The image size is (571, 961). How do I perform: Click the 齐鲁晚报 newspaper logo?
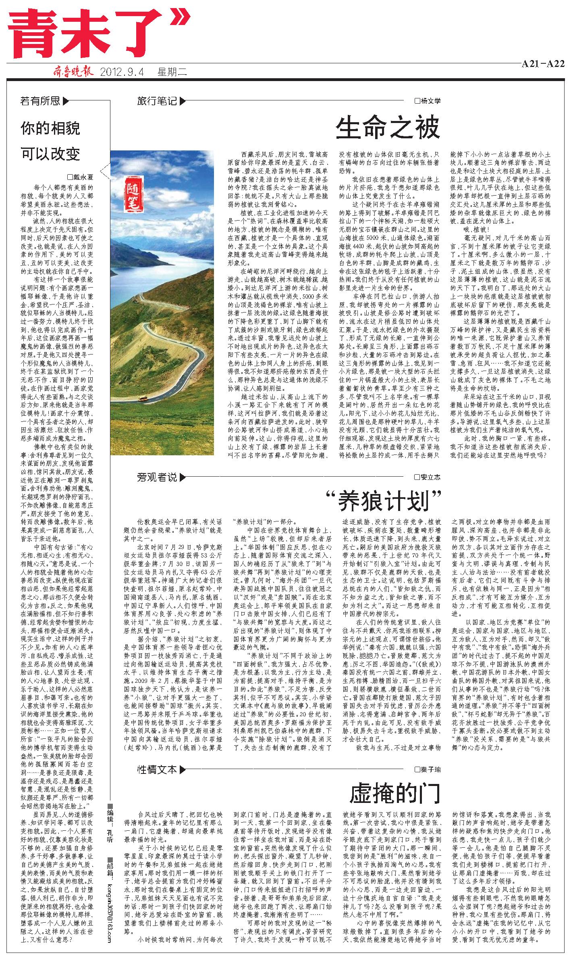click(73, 72)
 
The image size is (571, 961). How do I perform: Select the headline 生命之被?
click(388, 127)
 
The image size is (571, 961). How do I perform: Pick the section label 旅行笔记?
click(157, 101)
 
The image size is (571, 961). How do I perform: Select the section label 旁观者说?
click(157, 477)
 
